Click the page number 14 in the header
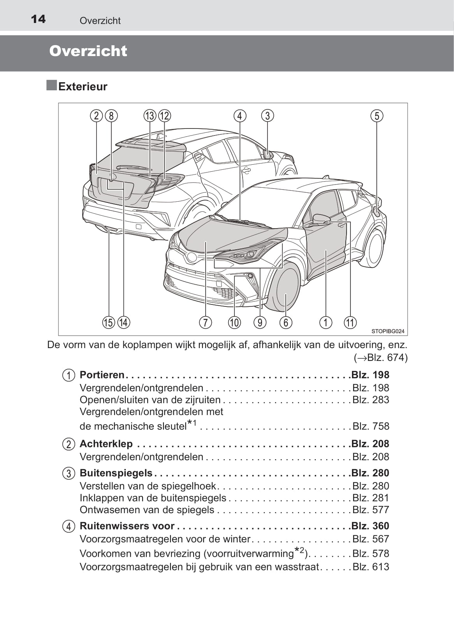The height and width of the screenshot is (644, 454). click(38, 19)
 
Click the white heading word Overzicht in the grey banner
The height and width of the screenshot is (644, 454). click(88, 51)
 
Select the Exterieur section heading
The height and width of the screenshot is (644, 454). click(83, 86)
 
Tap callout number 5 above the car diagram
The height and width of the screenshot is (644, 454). click(377, 116)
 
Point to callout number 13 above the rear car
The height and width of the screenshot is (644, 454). click(150, 116)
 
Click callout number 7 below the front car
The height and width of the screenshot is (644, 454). click(205, 322)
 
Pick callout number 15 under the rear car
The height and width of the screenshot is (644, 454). click(109, 322)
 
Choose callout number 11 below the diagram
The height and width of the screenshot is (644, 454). click(350, 322)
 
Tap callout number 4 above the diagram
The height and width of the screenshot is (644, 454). click(240, 116)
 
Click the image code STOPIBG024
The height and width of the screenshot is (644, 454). click(387, 331)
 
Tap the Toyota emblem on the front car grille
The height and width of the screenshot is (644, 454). click(192, 257)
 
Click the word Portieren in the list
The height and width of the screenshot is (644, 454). click(102, 375)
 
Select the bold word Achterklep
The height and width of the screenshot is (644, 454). click(106, 444)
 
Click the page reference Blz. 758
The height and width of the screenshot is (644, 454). click(371, 426)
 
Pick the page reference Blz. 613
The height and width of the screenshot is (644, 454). click(371, 567)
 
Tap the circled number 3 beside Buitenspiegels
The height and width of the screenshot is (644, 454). click(69, 473)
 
